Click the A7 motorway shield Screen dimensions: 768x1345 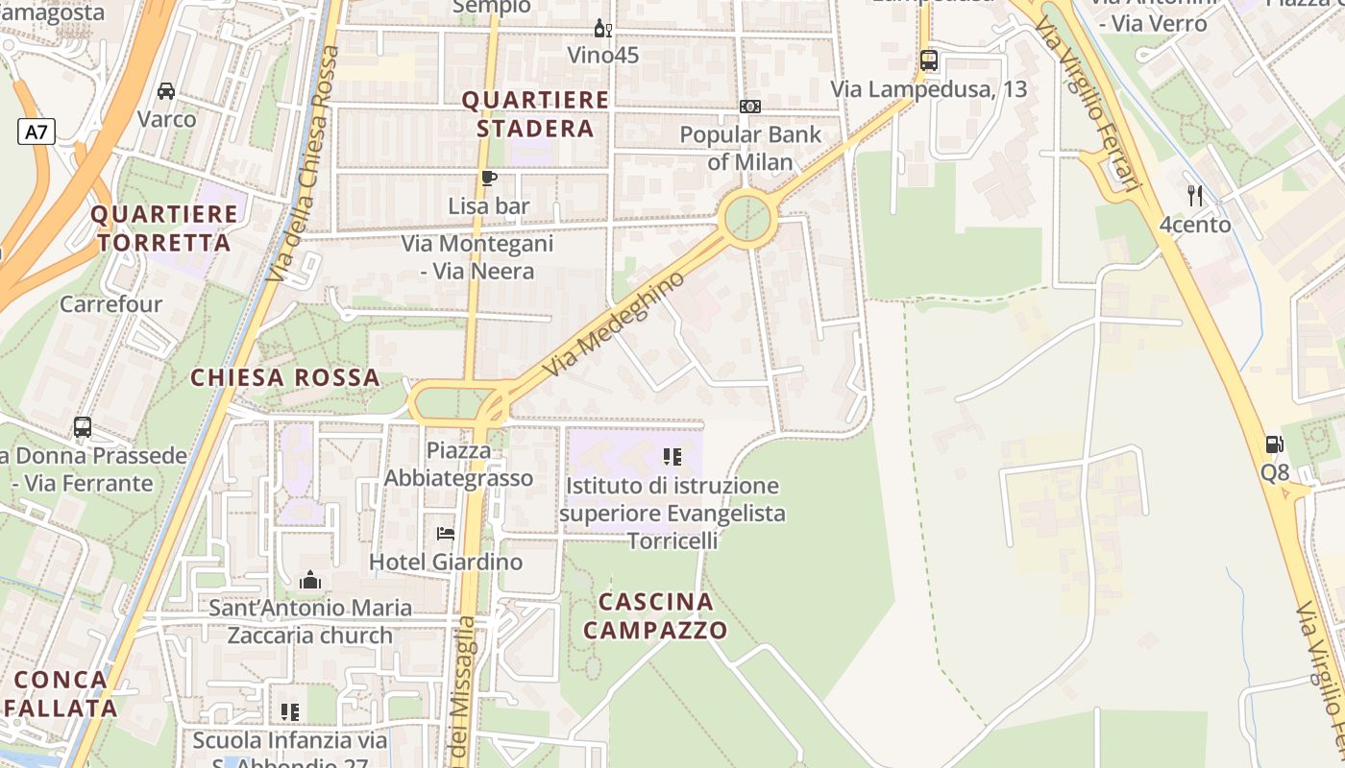click(36, 132)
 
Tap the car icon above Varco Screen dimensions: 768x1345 click(166, 91)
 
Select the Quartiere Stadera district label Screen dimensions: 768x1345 click(536, 114)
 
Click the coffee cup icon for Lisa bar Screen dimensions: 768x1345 click(489, 178)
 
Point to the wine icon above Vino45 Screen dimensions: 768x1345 click(602, 28)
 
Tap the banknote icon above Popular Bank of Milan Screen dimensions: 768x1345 click(750, 106)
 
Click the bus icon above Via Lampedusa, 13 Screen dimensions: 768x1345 click(928, 60)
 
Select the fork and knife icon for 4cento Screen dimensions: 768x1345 click(1195, 196)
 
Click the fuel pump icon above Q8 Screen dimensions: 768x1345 click(1275, 444)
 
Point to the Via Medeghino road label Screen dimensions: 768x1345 click(614, 323)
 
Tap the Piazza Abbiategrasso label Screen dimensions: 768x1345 click(458, 464)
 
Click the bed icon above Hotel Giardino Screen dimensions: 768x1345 click(445, 533)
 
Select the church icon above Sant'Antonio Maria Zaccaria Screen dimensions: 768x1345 click(309, 580)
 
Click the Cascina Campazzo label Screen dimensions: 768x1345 click(655, 615)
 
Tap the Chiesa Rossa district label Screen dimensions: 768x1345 click(285, 377)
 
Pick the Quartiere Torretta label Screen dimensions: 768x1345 click(164, 228)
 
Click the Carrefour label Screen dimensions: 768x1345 click(111, 304)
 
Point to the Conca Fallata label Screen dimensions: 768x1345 click(61, 693)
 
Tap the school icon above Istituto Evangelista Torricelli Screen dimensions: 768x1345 click(672, 457)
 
